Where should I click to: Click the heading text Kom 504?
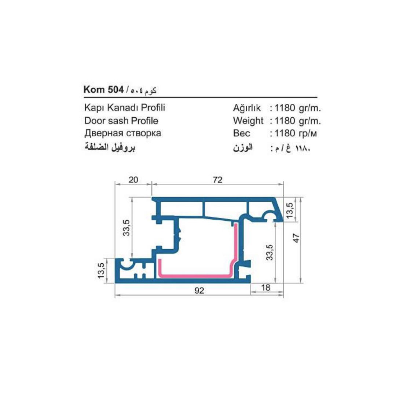point(103,90)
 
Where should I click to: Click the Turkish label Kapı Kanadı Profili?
point(125,108)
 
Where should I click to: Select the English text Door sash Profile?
point(121,121)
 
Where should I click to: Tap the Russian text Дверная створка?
point(123,133)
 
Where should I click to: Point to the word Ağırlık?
point(247,108)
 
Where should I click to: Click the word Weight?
point(248,121)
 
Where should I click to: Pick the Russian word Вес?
point(242,133)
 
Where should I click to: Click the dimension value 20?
point(133,180)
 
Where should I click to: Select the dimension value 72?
point(217,180)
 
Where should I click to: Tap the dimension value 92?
point(199,290)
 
